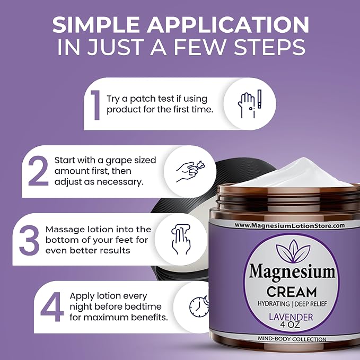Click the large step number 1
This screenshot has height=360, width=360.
tap(95, 105)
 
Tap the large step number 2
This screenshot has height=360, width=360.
tap(38, 171)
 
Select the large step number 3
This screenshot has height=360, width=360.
tap(29, 240)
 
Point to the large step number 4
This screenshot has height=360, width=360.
tap(52, 307)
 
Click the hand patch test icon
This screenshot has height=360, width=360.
tap(250, 104)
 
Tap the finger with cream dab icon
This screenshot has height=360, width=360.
tap(190, 171)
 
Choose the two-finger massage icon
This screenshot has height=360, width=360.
tap(181, 239)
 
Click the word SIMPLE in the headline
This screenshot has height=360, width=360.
tap(96, 25)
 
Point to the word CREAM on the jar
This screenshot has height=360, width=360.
tap(292, 292)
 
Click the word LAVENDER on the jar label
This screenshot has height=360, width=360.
tap(291, 317)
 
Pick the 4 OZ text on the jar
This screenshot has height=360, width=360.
tap(290, 325)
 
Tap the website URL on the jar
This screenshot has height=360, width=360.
tap(289, 226)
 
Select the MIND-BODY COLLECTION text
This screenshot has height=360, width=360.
tap(292, 339)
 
